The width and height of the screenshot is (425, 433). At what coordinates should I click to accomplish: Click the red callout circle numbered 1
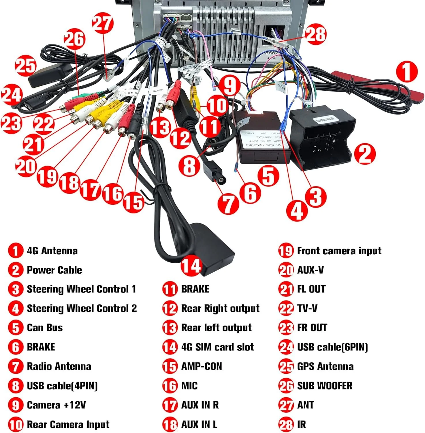(x=407, y=71)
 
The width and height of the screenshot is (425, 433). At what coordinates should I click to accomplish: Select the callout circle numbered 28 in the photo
(x=316, y=34)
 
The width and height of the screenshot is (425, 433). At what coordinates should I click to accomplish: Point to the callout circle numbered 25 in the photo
(x=25, y=66)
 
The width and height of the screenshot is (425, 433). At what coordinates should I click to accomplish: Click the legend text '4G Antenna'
(x=52, y=251)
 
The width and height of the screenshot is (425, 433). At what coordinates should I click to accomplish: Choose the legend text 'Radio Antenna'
(x=59, y=366)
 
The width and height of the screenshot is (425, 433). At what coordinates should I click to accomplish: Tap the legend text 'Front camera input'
(x=339, y=251)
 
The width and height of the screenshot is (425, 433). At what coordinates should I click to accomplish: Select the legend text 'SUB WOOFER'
(x=325, y=386)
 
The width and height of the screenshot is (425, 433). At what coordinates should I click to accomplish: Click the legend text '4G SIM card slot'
(x=217, y=347)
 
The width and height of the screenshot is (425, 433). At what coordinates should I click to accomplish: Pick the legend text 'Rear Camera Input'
(x=68, y=424)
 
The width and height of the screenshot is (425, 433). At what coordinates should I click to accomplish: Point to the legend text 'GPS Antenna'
(x=325, y=366)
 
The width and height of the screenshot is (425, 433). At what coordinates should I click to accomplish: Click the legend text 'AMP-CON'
(x=202, y=366)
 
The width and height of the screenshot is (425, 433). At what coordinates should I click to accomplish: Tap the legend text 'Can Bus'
(x=45, y=328)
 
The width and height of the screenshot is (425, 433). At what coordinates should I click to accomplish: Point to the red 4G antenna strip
(x=375, y=82)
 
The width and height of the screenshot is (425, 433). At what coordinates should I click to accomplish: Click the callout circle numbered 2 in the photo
(x=364, y=154)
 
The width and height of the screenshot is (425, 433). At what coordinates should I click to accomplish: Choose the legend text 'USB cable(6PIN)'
(x=332, y=347)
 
